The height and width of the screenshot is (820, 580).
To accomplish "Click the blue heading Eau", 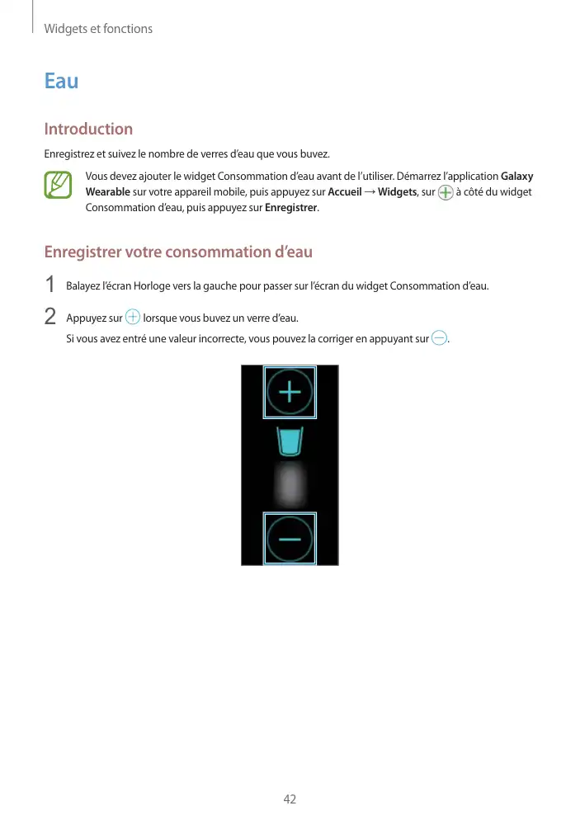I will [61, 81].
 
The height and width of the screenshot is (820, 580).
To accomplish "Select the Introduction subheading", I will [88, 129].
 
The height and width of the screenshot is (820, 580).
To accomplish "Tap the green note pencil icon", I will [59, 185].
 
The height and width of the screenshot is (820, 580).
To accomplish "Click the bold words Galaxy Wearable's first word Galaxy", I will [517, 177].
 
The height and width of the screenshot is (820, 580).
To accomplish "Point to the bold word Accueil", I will [345, 192].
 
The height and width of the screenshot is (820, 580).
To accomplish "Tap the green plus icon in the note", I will [446, 193].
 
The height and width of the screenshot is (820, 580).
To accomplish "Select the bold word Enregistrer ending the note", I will [291, 207].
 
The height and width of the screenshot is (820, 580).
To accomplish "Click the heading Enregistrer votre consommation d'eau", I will [178, 251].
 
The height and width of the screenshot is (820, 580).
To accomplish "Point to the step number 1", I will [50, 285].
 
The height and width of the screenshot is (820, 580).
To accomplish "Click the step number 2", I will [50, 317].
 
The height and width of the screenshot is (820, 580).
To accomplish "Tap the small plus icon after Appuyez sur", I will [133, 318].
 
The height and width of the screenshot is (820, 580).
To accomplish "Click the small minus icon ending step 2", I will [439, 338].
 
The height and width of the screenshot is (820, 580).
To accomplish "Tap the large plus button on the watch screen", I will [290, 393].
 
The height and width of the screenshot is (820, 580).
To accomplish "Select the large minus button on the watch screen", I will [290, 538].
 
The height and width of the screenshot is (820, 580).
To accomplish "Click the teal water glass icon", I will [290, 442].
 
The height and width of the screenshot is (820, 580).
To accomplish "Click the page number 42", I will [290, 799].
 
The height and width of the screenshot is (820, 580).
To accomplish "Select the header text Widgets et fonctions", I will [98, 29].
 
